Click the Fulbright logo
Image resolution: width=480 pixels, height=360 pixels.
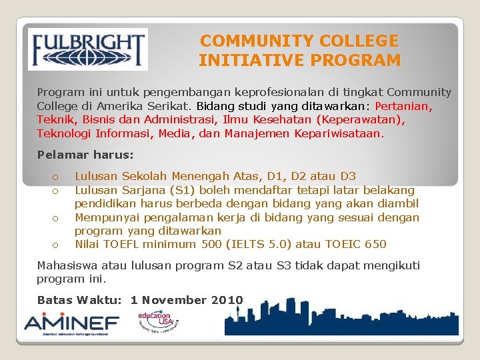tap(88, 49)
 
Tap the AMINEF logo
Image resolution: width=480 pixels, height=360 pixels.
tap(71, 324)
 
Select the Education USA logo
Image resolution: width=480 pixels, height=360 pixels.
tap(158, 322)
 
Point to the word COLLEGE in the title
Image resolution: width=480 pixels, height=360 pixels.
tap(353, 41)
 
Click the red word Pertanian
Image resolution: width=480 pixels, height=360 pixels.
tap(404, 106)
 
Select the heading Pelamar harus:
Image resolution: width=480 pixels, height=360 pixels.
tap(85, 155)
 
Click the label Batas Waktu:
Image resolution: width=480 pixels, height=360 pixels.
tap(79, 300)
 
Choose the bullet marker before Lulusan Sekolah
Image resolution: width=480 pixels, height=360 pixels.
tap(57, 177)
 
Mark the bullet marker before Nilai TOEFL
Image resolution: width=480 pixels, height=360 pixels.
tap(57, 245)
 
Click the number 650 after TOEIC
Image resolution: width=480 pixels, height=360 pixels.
tap(375, 244)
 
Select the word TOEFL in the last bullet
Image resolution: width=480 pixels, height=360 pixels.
tap(125, 244)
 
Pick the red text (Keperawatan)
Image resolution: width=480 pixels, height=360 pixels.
tap(360, 120)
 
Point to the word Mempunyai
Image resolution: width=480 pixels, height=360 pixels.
tap(107, 217)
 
